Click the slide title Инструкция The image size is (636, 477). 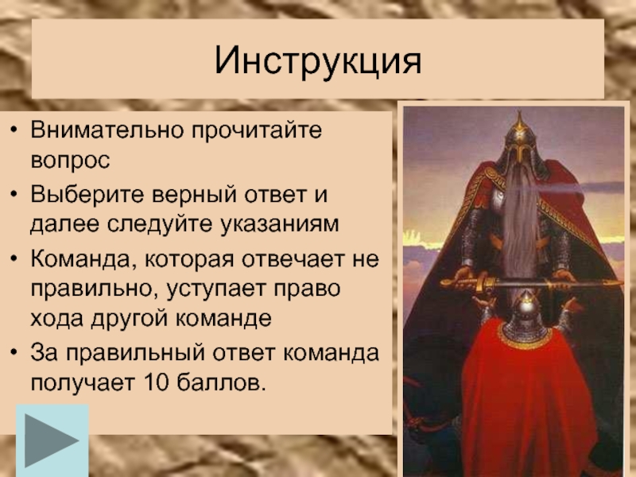(318, 61)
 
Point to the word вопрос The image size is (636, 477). (70, 161)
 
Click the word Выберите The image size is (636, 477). (87, 195)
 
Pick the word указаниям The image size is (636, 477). (280, 224)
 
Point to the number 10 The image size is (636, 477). (156, 382)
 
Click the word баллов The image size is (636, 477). (221, 382)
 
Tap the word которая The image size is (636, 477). (188, 260)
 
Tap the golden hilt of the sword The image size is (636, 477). (472, 283)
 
